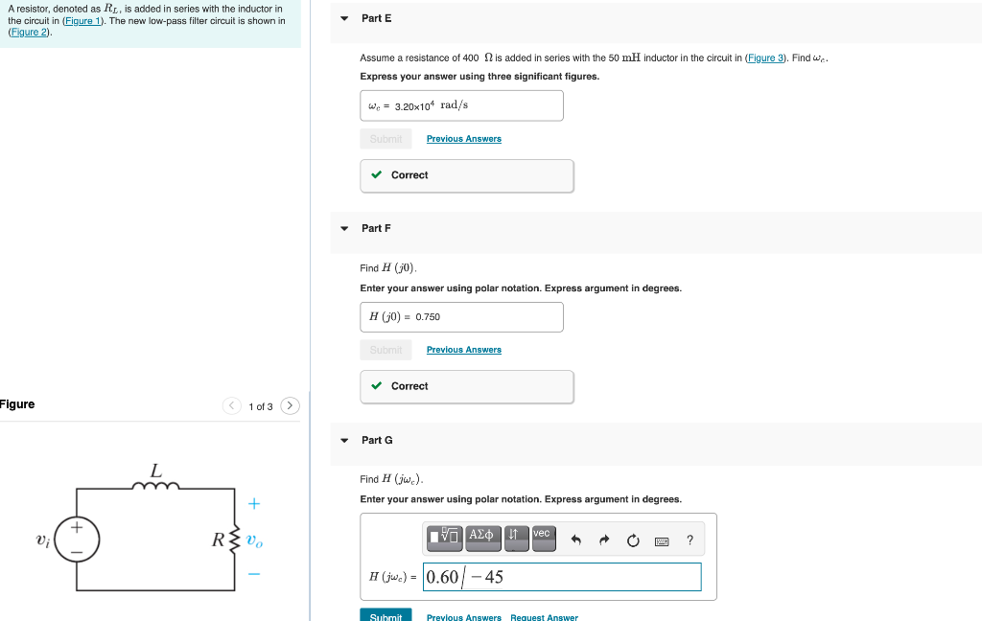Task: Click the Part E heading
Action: (x=376, y=18)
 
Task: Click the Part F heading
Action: (x=376, y=228)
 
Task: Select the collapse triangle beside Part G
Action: (x=344, y=441)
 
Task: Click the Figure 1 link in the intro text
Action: (x=82, y=21)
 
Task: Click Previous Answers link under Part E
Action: (x=463, y=139)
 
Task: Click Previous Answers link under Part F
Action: (x=463, y=350)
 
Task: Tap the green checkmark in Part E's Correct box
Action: (x=378, y=175)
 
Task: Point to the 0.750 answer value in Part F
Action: (x=428, y=316)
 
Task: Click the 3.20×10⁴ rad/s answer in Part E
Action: (x=431, y=105)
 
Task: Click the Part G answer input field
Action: (x=561, y=577)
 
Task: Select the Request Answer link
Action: (x=544, y=617)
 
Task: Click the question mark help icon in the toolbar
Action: (x=690, y=540)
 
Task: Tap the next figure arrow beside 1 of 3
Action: (x=291, y=406)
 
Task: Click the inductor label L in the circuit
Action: (x=155, y=471)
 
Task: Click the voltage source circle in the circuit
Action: (x=77, y=540)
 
